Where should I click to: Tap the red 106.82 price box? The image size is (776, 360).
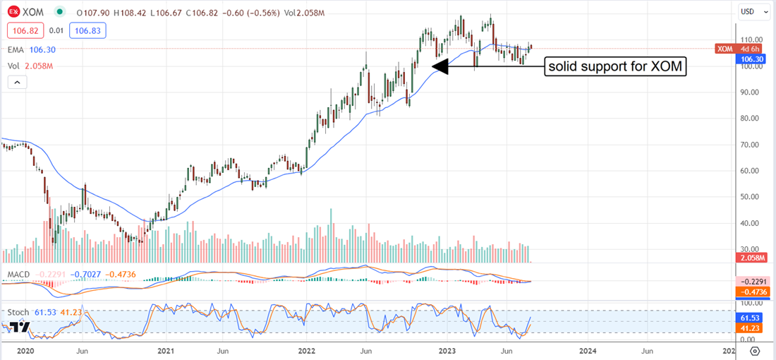pos(23,31)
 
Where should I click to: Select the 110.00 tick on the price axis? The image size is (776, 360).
pos(749,40)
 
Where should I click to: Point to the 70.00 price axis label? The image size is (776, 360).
pos(748,145)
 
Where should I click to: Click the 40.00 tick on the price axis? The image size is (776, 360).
pos(748,223)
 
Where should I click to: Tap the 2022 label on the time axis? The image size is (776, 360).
pos(307,350)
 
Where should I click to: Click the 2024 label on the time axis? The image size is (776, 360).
pos(588,350)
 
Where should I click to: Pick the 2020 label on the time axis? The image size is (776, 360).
pos(25,350)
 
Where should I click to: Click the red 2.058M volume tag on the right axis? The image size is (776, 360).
pos(748,259)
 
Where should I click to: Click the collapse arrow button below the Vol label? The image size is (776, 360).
pos(17,83)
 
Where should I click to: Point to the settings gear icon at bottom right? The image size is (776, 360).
pos(755,350)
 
